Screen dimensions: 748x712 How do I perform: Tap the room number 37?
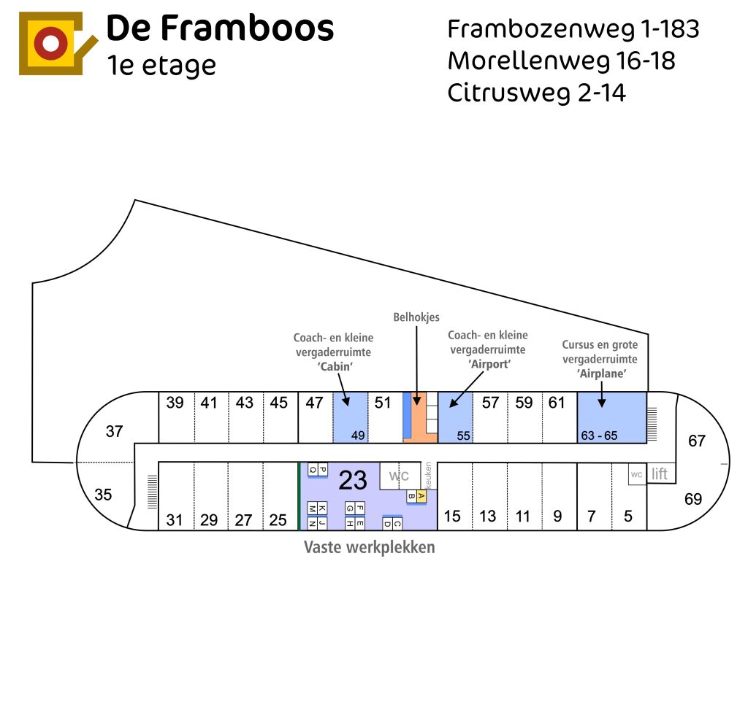click(115, 431)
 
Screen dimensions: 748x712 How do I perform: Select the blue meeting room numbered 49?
click(350, 417)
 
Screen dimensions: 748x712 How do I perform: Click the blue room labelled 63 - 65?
click(612, 417)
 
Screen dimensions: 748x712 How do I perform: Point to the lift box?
click(660, 473)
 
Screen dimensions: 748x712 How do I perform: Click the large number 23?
click(353, 480)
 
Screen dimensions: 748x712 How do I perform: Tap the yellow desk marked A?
click(421, 496)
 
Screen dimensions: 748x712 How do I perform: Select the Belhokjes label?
click(416, 317)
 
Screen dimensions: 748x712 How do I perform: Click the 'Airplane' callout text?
click(601, 374)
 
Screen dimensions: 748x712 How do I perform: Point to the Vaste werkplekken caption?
click(369, 547)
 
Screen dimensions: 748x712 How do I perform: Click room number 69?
click(693, 499)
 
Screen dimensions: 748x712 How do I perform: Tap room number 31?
click(175, 520)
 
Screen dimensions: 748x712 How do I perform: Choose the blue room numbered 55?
click(456, 417)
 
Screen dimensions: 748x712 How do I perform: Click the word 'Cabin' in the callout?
click(335, 366)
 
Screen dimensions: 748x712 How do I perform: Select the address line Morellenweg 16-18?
click(562, 61)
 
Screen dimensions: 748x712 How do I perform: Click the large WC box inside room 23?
click(400, 476)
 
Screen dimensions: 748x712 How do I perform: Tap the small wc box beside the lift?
click(637, 474)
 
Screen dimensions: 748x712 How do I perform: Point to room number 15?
click(452, 516)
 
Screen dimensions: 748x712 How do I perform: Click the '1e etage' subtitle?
click(161, 66)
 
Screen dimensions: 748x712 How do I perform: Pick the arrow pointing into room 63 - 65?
click(602, 394)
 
